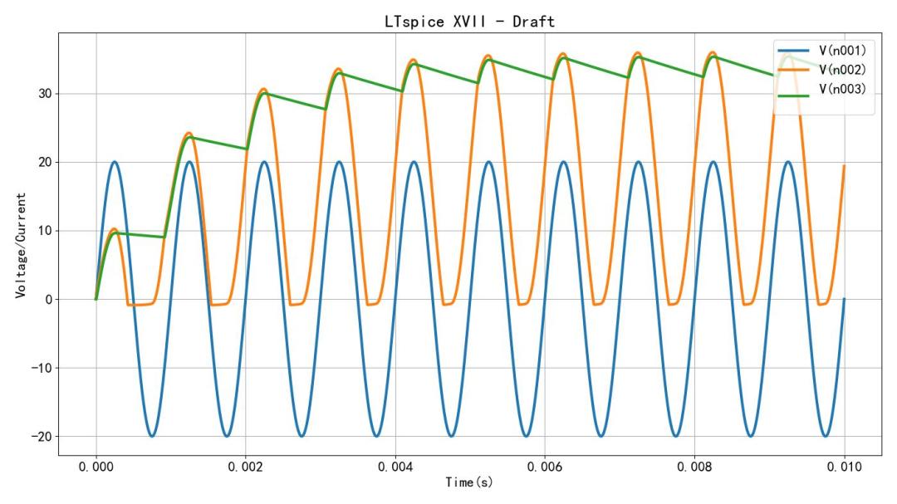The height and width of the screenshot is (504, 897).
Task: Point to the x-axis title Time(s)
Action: click(x=469, y=482)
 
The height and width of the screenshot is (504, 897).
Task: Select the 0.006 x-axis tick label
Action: click(x=545, y=467)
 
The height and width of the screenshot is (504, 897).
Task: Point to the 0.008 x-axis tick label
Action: click(x=694, y=467)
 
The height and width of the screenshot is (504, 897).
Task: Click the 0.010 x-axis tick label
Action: click(x=844, y=467)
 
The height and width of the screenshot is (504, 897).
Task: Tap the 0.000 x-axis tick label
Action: click(x=96, y=467)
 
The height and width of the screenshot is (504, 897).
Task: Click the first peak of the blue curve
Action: click(x=115, y=162)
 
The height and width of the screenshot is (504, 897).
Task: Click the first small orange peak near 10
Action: click(x=114, y=229)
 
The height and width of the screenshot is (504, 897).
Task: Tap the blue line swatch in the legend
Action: click(x=794, y=51)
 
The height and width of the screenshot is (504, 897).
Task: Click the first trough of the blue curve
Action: click(x=152, y=436)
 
